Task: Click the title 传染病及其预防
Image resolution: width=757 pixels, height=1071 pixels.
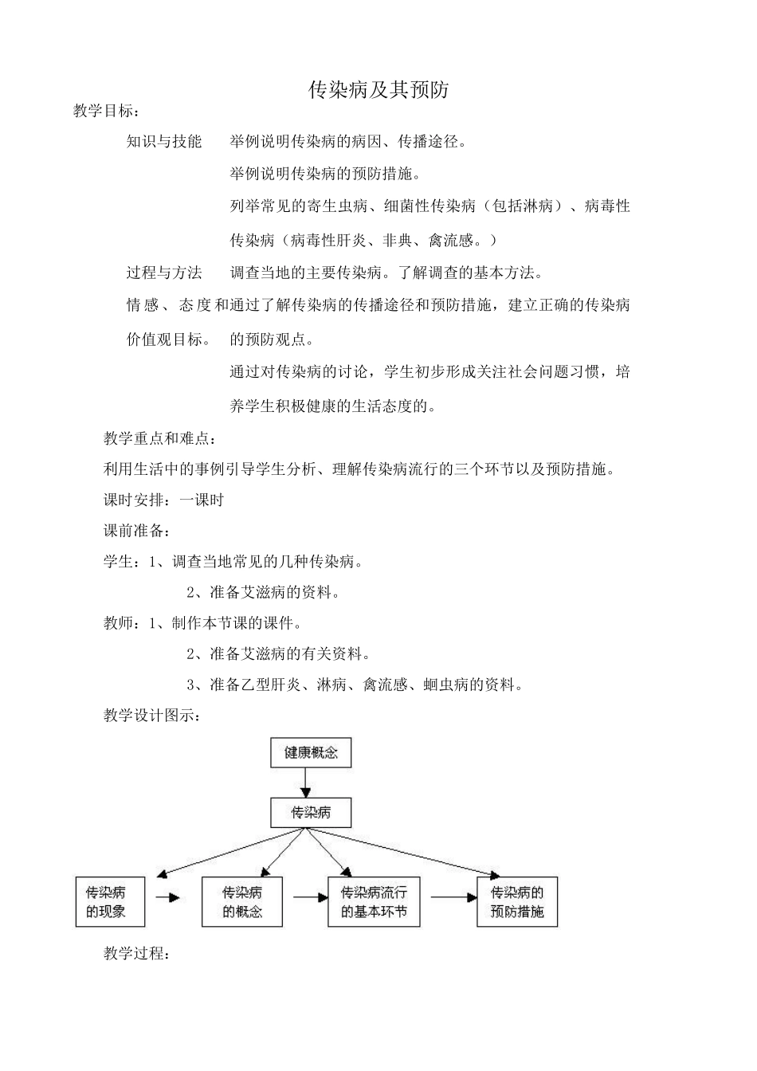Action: click(378, 90)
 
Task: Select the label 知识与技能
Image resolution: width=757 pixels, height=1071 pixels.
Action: click(164, 142)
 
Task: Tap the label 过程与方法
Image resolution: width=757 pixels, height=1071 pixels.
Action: click(164, 273)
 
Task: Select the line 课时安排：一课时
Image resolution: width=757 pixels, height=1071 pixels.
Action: click(164, 500)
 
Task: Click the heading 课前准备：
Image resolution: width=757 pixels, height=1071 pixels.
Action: click(137, 531)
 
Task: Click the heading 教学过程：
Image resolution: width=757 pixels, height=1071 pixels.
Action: click(137, 953)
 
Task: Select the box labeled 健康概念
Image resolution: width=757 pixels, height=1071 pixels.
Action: click(312, 752)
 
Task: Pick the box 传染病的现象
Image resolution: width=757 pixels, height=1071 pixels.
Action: click(110, 902)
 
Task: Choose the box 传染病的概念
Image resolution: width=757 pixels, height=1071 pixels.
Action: click(243, 902)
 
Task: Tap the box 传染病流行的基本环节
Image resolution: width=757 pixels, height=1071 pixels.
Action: click(374, 902)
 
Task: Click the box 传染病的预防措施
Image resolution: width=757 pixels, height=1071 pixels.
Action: click(517, 902)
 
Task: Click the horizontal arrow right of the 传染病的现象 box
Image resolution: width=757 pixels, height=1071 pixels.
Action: click(168, 897)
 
